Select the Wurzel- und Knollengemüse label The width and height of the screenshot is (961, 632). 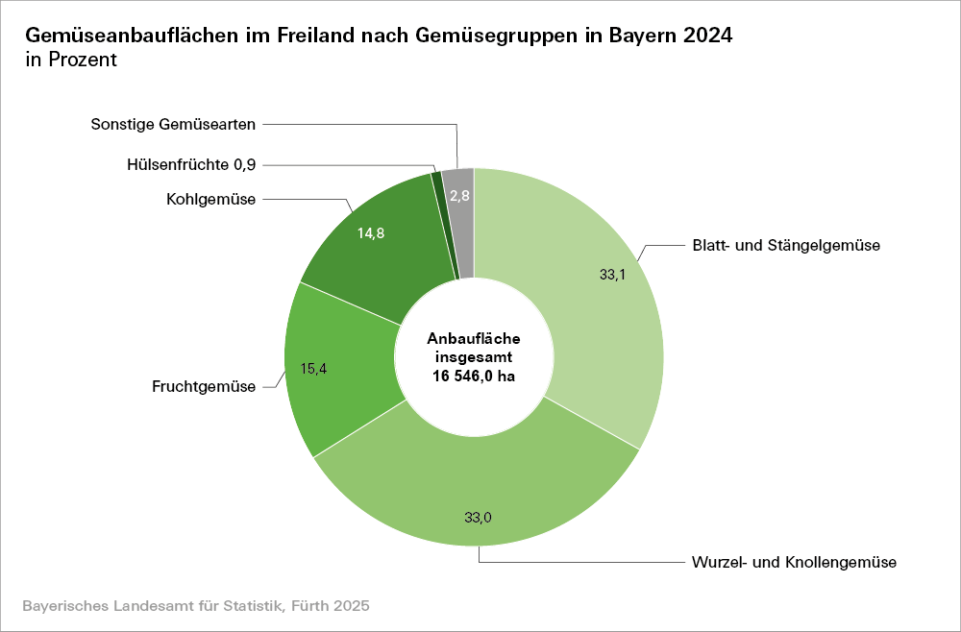pyautogui.click(x=793, y=562)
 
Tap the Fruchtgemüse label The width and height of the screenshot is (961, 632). pyautogui.click(x=204, y=387)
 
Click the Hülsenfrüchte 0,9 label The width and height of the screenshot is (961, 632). pyautogui.click(x=191, y=164)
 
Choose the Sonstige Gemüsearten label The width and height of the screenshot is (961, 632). pyautogui.click(x=173, y=124)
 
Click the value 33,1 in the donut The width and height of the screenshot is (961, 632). pyautogui.click(x=612, y=274)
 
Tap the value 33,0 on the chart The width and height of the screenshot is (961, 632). pyautogui.click(x=478, y=518)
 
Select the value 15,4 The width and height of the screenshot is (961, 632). pyautogui.click(x=315, y=368)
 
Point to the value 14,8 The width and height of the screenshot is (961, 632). pyautogui.click(x=371, y=233)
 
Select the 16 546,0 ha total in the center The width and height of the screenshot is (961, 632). pyautogui.click(x=475, y=377)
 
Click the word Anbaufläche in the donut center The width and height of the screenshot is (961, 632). pyautogui.click(x=475, y=338)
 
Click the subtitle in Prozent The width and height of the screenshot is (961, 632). pyautogui.click(x=71, y=61)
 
